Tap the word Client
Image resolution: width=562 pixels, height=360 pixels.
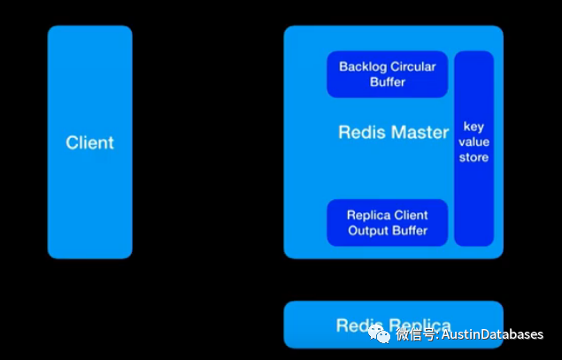coord(89,142)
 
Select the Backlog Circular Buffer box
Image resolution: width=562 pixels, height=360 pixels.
coord(388,74)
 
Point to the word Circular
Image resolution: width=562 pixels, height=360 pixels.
coord(412,66)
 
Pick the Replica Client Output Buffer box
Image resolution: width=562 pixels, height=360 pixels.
coord(388,223)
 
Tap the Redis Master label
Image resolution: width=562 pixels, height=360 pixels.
coord(394,133)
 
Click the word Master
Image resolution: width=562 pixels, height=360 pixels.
coord(418,133)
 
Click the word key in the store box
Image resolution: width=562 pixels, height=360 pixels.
coord(473,126)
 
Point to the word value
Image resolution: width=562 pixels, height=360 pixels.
coord(473,142)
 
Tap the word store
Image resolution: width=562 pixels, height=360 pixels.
coord(473,157)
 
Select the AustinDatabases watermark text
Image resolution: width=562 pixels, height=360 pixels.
coord(494,335)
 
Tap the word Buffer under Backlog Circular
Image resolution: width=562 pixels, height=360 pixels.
coord(388,82)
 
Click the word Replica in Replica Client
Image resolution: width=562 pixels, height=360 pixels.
coord(367,215)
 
